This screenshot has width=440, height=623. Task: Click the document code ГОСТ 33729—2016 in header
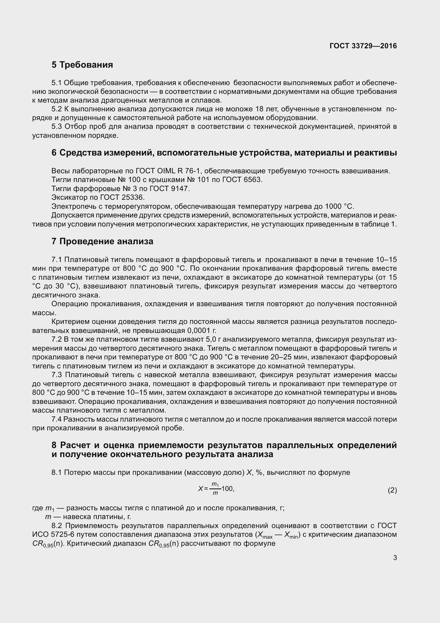[363, 46]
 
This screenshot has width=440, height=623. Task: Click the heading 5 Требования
[82, 65]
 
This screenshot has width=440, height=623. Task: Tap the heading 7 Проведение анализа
[102, 242]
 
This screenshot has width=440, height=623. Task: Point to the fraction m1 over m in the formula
[215, 489]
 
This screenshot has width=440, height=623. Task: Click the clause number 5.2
[57, 109]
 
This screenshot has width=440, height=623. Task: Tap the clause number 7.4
[57, 419]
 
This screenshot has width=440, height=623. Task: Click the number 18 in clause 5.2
[260, 109]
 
